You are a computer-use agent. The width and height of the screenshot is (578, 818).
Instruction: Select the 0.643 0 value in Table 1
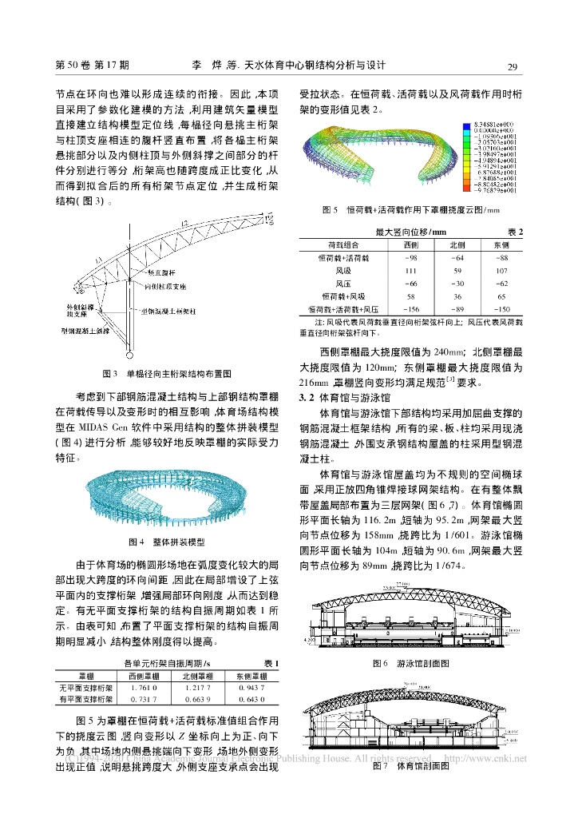(251, 700)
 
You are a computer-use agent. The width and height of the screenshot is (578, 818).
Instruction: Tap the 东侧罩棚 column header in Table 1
(251, 675)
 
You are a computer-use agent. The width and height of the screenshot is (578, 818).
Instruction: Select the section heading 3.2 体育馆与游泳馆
(343, 397)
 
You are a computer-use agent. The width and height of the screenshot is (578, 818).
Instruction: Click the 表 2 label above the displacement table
(516, 232)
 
